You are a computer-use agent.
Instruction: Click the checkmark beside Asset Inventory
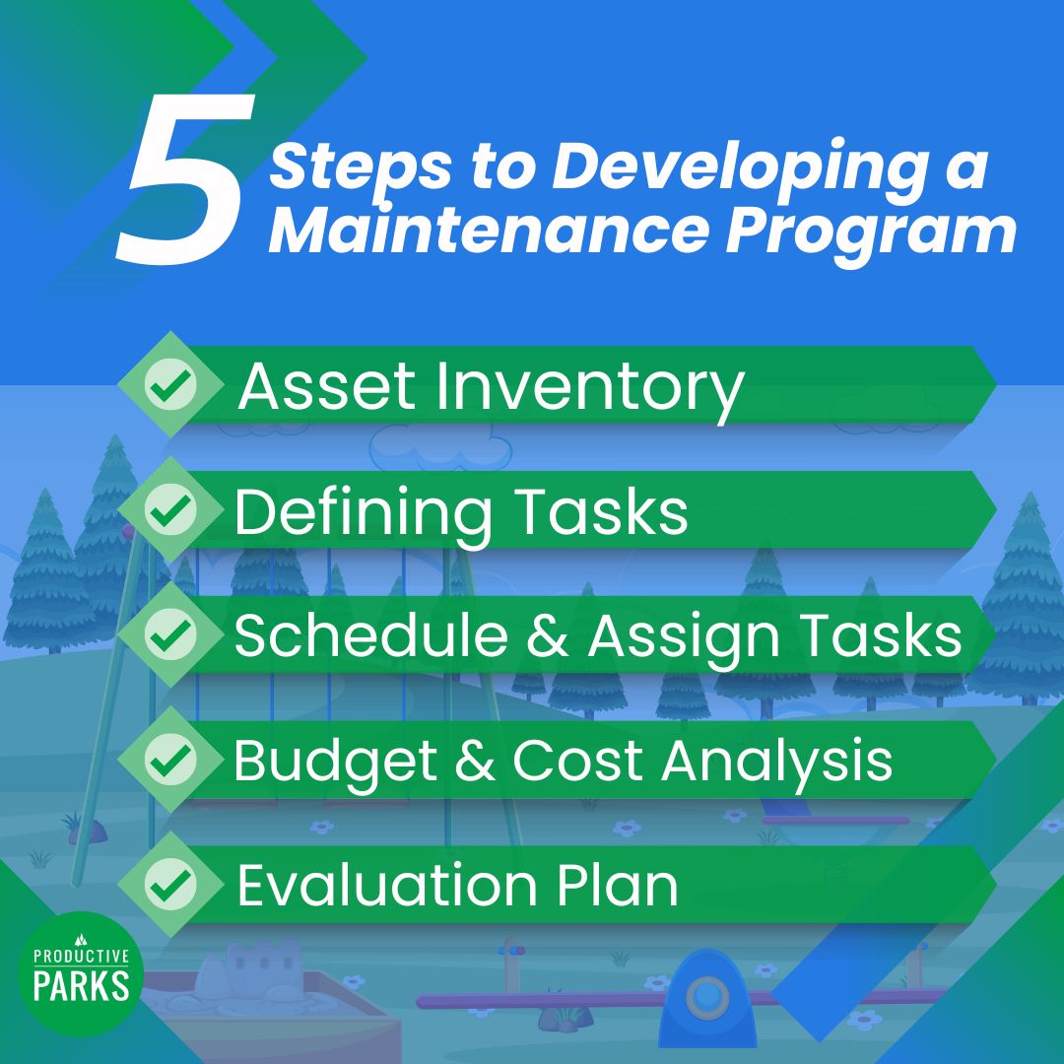tap(170, 385)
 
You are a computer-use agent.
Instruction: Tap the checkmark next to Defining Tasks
tap(170, 510)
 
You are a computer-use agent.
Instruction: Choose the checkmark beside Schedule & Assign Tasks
tap(170, 635)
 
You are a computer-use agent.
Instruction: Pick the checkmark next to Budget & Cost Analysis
tap(170, 760)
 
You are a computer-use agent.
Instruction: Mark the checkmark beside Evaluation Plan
tap(170, 885)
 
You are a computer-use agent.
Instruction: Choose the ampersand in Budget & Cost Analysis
tap(476, 761)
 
